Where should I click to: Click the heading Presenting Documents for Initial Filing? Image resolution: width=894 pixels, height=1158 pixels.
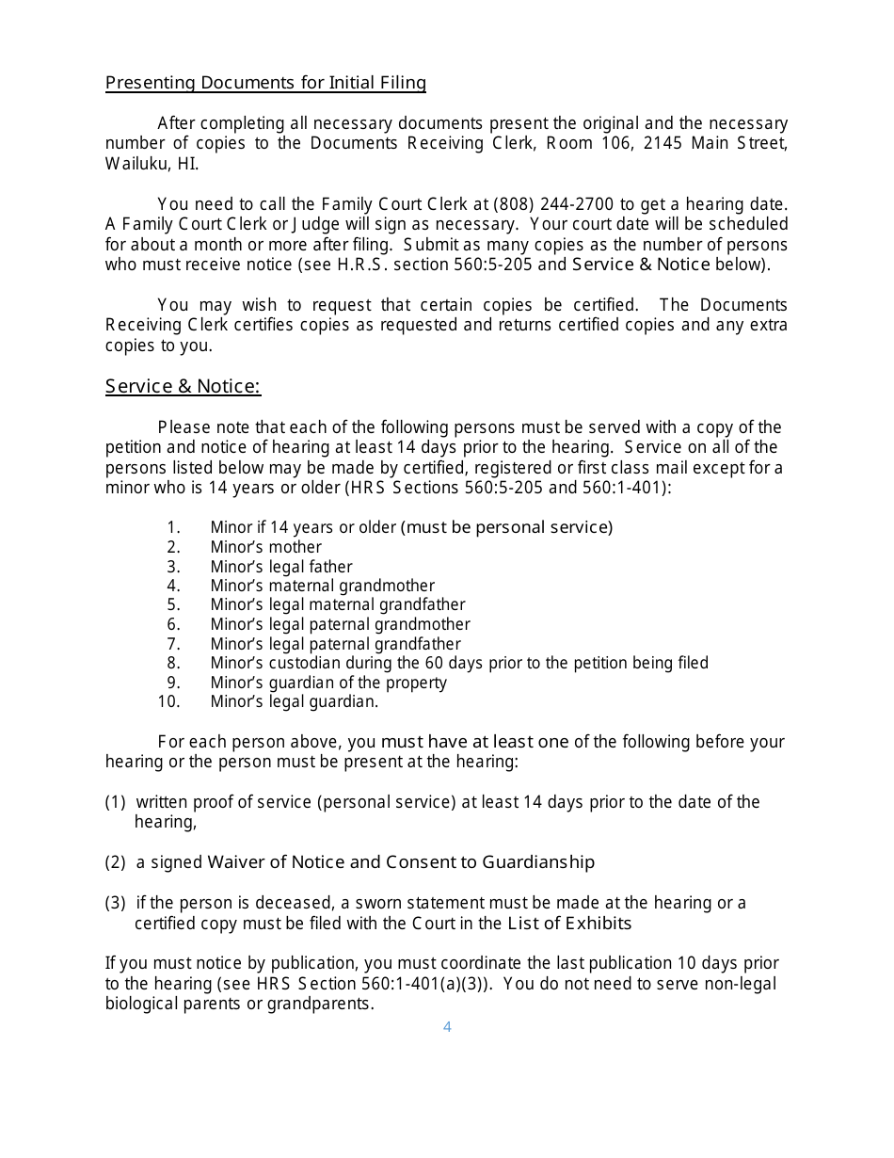(x=265, y=83)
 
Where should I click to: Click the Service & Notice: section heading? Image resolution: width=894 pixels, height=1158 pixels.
(x=183, y=386)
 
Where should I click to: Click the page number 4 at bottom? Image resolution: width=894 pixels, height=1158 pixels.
(x=447, y=1026)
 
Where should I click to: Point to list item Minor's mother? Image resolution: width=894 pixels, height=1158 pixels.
(x=265, y=547)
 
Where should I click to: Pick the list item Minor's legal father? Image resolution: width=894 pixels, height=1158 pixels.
(x=280, y=567)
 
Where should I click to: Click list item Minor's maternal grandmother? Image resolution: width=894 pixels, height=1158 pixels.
(x=322, y=586)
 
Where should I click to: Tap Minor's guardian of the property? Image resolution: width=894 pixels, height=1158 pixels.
(x=328, y=683)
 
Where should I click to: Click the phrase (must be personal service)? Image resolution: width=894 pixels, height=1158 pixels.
(x=506, y=527)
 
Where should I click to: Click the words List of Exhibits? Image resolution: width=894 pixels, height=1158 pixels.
(x=569, y=924)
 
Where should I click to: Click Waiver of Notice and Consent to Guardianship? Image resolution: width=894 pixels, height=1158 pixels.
(x=401, y=862)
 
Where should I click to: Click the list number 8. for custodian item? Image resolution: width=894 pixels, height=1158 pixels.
(x=173, y=663)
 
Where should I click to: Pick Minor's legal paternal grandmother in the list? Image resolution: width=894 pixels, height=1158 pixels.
(x=340, y=624)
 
